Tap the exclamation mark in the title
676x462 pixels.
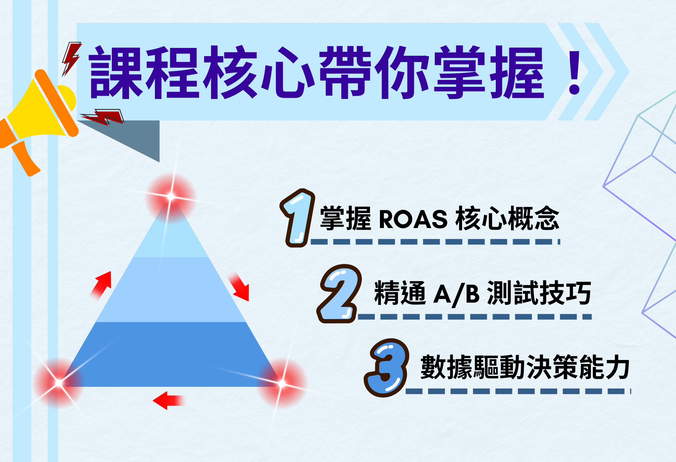[575, 73]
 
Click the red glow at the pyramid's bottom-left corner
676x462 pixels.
[59, 383]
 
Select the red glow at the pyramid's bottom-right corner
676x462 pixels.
[282, 383]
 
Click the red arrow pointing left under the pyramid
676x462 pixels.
[168, 401]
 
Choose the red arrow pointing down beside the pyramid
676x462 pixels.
[239, 286]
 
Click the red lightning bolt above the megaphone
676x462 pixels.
[71, 58]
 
